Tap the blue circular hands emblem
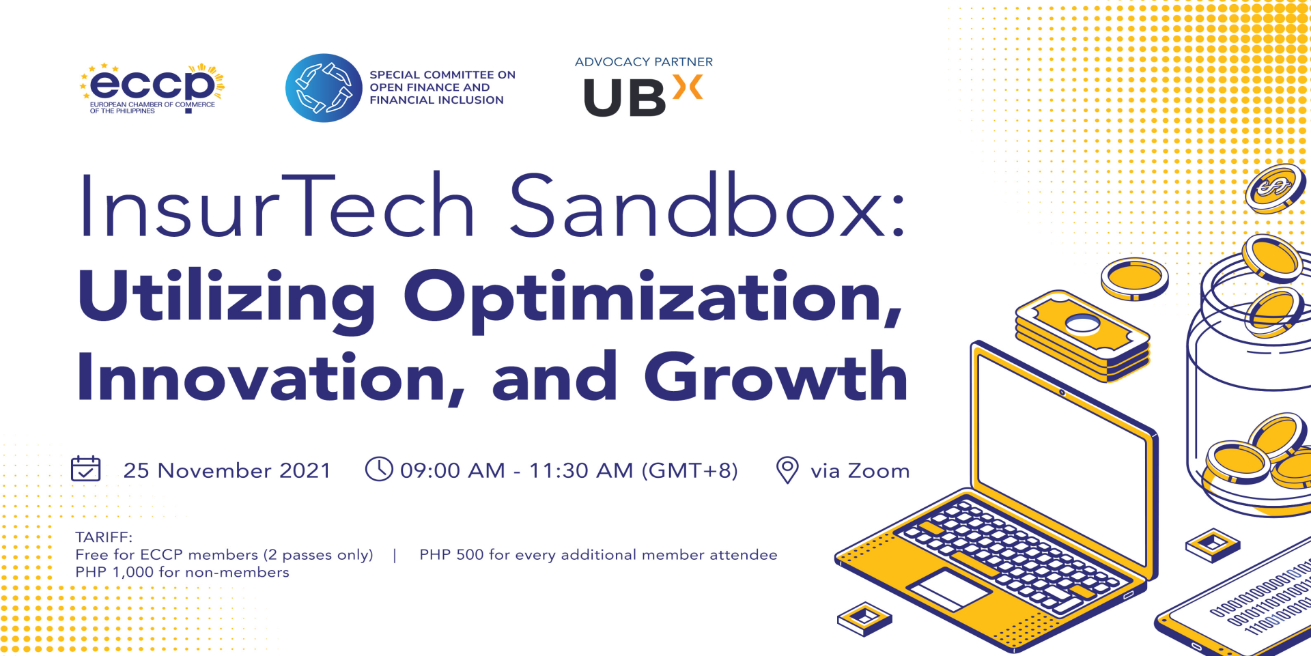coord(324,88)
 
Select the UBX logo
coord(643,96)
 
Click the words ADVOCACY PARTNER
coord(644,62)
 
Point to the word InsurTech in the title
coord(277,205)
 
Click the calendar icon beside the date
coord(86,469)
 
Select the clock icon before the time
coord(379,469)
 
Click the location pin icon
coord(787,470)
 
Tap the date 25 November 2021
coord(227,470)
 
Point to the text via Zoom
coord(860,471)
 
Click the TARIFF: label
coord(104,537)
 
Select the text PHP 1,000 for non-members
coord(182,572)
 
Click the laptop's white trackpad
coord(948,589)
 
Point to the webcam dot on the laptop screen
coord(1062,393)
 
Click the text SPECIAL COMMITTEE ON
coord(442,75)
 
